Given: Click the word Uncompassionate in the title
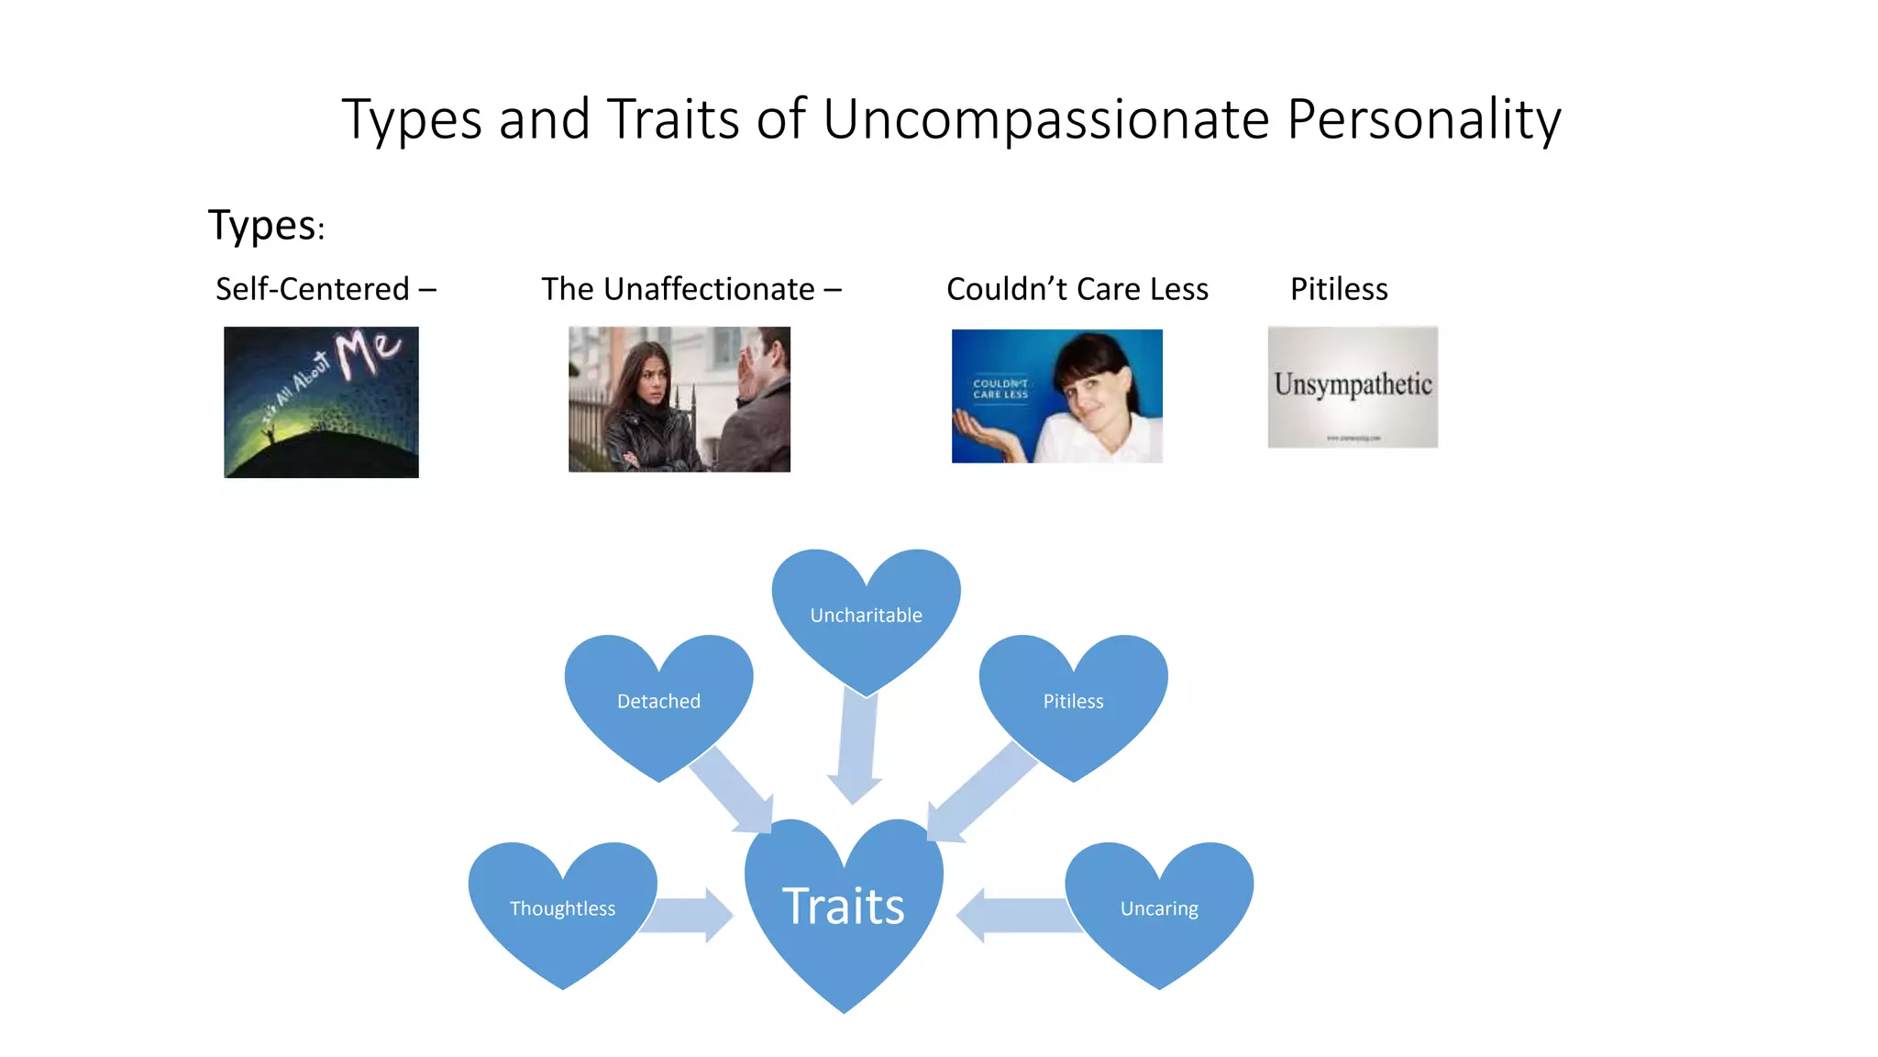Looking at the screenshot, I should (1046, 120).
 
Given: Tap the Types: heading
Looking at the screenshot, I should (266, 225).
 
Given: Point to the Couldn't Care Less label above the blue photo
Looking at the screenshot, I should (1077, 289).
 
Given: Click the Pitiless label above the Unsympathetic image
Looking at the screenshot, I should (1338, 289).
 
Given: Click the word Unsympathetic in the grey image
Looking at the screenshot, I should (1353, 384).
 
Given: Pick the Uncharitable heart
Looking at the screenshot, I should (866, 615).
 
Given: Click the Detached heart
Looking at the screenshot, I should (658, 701).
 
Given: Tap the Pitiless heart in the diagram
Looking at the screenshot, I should (1073, 701).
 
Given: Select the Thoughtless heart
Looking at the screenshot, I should (562, 908).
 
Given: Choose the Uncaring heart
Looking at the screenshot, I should (1159, 908).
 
